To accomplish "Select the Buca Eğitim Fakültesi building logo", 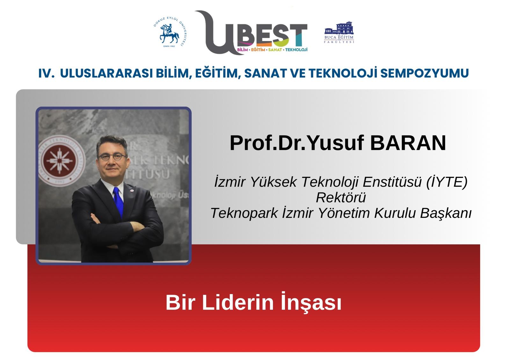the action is point(339,32).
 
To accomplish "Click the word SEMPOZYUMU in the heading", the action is point(425,73).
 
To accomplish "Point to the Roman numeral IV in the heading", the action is point(47,73).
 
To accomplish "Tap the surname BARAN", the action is point(408,143).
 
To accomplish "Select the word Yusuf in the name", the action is point(336,143).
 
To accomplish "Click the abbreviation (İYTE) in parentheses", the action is point(447,182).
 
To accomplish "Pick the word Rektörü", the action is point(341,197).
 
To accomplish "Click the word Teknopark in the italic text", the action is point(244,213).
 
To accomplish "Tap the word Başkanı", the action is point(446,213).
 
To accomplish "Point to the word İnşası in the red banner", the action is point(311,302).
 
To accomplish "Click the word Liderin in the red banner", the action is point(238,302).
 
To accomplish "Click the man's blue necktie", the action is point(118,202).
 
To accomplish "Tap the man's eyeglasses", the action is point(112,157).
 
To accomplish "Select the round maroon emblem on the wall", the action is point(60,161).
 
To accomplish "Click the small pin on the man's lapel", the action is point(132,190).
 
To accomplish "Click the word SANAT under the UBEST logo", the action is point(275,50).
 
